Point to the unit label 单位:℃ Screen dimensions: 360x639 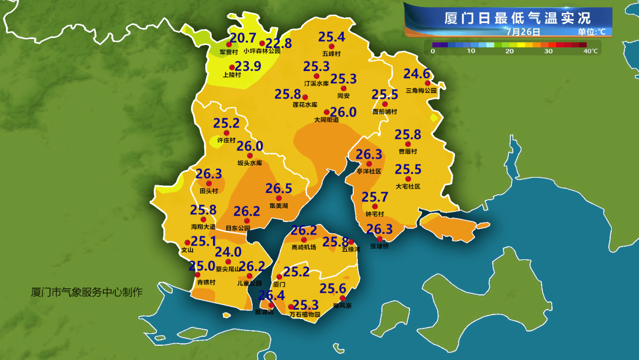[591, 31]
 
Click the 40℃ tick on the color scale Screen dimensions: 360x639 [590, 52]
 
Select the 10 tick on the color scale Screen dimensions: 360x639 [471, 52]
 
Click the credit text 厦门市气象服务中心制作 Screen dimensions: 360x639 [86, 292]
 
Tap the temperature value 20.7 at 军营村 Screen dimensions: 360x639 [243, 38]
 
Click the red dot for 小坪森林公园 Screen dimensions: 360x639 [262, 43]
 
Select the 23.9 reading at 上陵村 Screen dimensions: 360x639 [248, 66]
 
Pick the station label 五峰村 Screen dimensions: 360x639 [331, 53]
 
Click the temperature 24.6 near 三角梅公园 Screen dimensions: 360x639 [417, 74]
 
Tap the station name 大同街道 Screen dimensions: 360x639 [327, 120]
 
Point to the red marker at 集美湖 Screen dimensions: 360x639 [278, 198]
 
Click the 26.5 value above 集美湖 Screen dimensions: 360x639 [279, 188]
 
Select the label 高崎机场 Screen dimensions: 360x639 [304, 247]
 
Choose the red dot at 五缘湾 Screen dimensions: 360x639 [351, 242]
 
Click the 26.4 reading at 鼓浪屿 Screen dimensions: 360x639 [271, 295]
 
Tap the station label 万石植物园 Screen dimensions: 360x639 [304, 314]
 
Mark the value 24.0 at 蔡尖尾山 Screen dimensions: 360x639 [228, 252]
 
